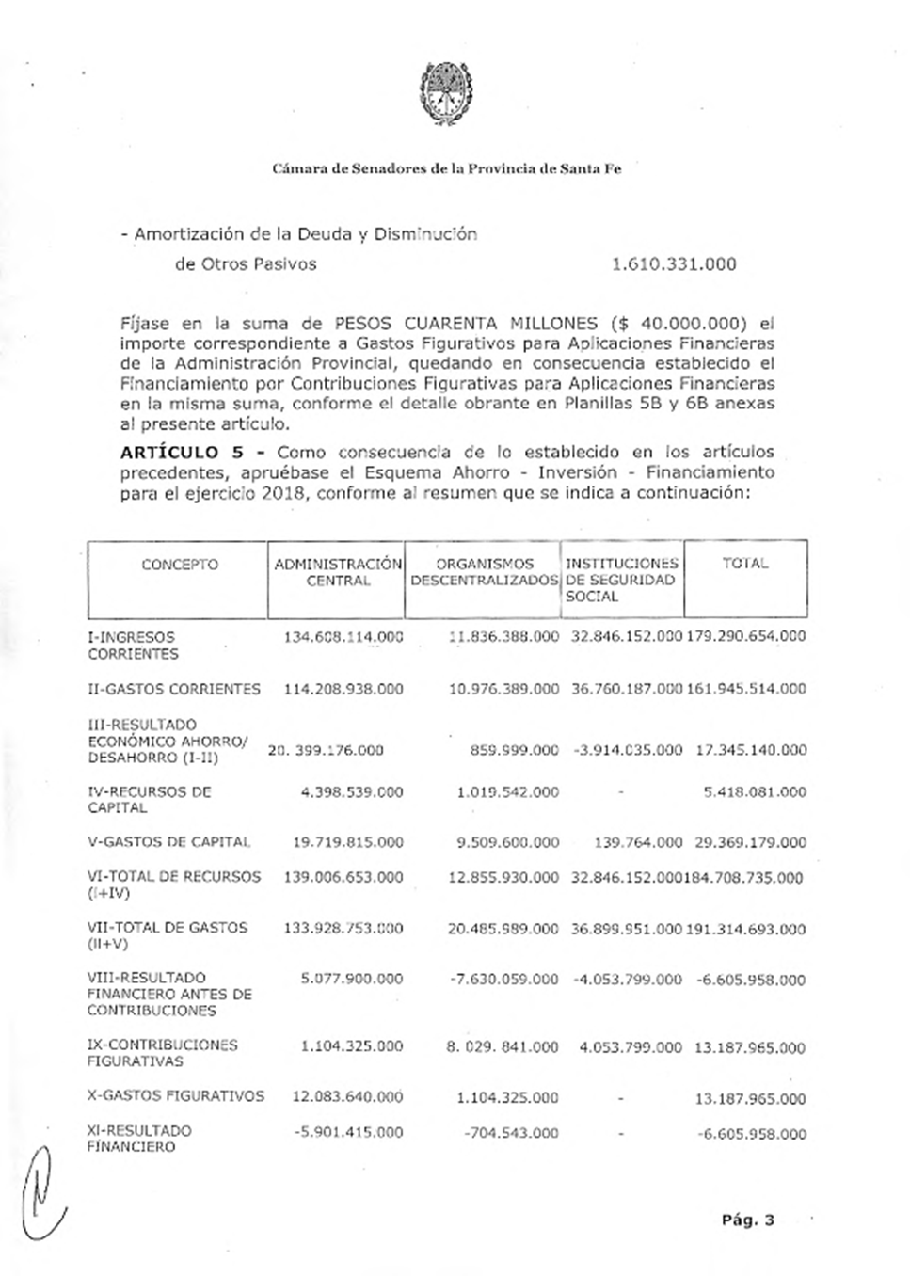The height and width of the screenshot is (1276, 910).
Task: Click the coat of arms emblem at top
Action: pyautogui.click(x=445, y=93)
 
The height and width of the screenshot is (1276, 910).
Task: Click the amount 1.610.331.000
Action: pyautogui.click(x=673, y=264)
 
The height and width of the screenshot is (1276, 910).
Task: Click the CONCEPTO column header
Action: pyautogui.click(x=180, y=565)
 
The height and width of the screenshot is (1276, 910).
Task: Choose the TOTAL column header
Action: pyautogui.click(x=745, y=564)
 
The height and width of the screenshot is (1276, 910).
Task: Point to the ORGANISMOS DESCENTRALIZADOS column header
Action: pyautogui.click(x=484, y=572)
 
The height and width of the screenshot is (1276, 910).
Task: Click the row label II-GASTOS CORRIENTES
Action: pyautogui.click(x=174, y=689)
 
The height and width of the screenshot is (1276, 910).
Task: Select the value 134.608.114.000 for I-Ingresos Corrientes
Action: pyautogui.click(x=343, y=637)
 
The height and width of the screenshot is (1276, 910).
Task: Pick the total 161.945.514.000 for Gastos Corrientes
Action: pyautogui.click(x=746, y=689)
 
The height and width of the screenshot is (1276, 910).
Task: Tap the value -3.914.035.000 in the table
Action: pyautogui.click(x=627, y=750)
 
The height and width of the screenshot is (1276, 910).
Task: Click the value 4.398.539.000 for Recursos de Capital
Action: pyautogui.click(x=352, y=792)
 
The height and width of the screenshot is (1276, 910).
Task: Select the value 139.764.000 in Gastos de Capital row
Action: pyautogui.click(x=639, y=842)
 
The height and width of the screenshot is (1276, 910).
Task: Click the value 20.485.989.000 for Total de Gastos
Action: pyautogui.click(x=503, y=929)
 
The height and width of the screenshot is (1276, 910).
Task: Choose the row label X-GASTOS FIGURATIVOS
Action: pyautogui.click(x=176, y=1096)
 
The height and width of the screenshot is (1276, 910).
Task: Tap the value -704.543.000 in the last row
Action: pyautogui.click(x=511, y=1133)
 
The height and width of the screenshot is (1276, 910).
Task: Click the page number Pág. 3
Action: pyautogui.click(x=747, y=1220)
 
